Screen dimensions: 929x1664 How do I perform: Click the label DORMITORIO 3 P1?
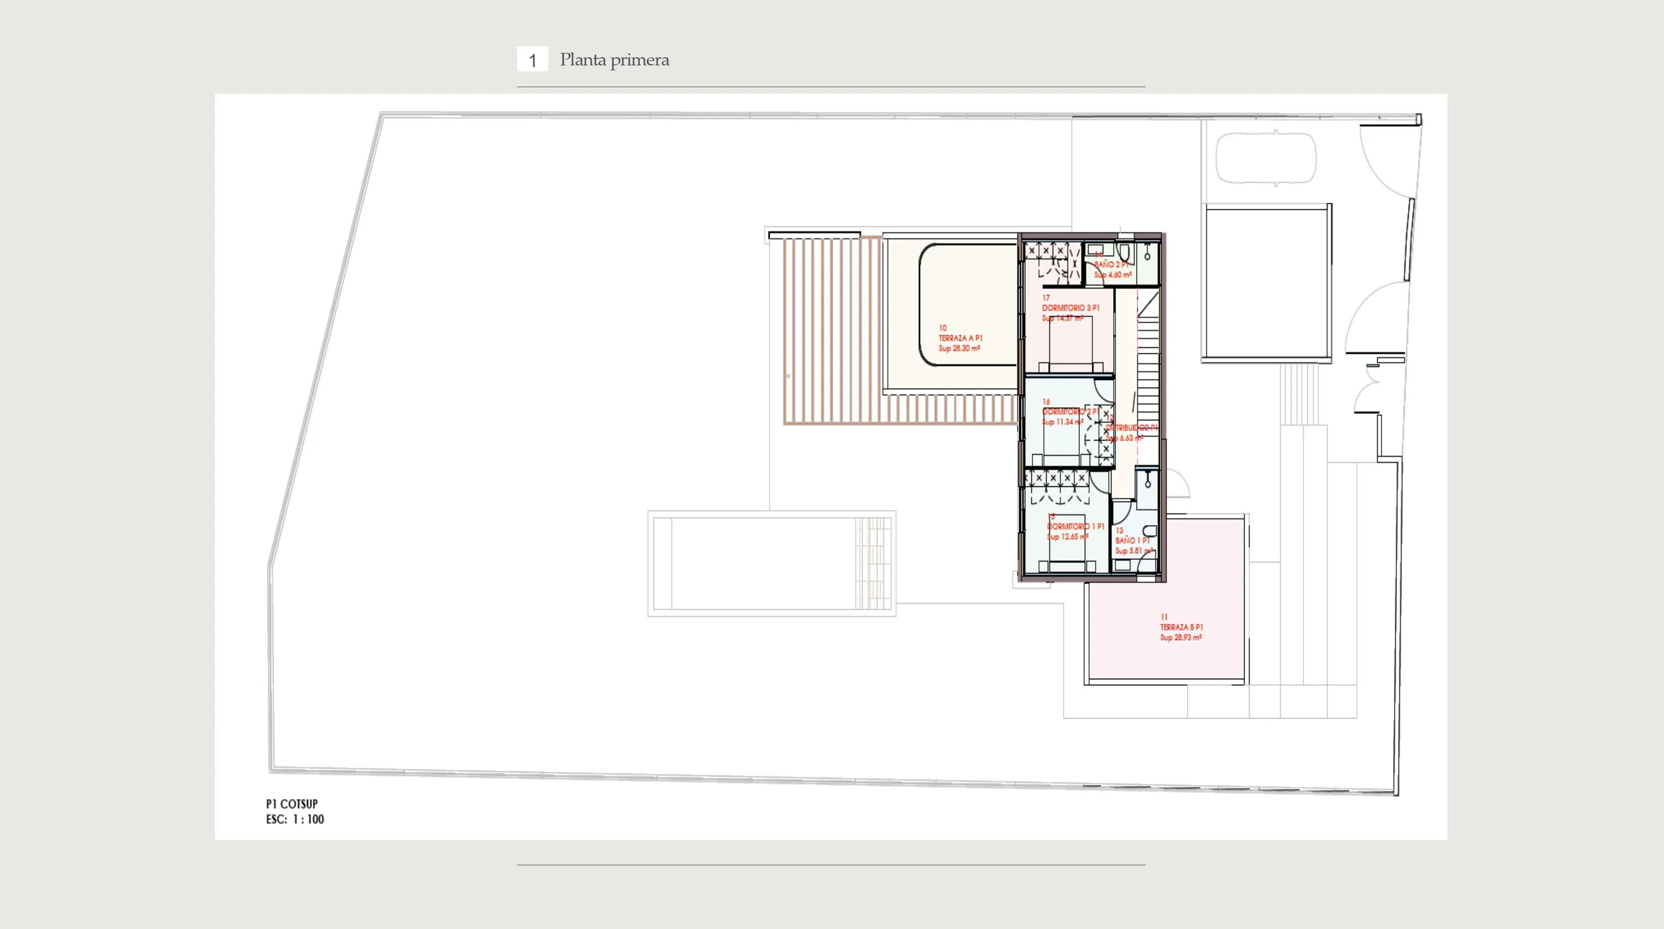[1071, 308]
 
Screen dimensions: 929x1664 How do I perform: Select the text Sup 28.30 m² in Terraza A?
[959, 348]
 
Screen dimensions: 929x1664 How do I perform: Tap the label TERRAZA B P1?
[1181, 627]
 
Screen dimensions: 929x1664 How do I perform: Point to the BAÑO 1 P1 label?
[1132, 540]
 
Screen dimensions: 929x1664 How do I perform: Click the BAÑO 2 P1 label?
[1111, 265]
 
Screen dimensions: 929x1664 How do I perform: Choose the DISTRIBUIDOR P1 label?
[1131, 428]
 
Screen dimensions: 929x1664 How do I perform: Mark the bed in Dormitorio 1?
[1067, 552]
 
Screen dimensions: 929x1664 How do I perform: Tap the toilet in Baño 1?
[1150, 530]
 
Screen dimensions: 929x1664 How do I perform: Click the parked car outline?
[1265, 159]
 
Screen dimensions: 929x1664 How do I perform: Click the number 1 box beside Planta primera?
[532, 59]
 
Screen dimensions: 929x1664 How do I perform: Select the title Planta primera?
[614, 59]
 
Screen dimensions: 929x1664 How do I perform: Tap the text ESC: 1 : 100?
[295, 819]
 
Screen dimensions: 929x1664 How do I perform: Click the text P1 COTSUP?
[292, 804]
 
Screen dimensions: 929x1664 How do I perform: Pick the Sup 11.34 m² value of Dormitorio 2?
[1062, 422]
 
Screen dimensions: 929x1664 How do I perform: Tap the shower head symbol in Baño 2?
[1147, 253]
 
